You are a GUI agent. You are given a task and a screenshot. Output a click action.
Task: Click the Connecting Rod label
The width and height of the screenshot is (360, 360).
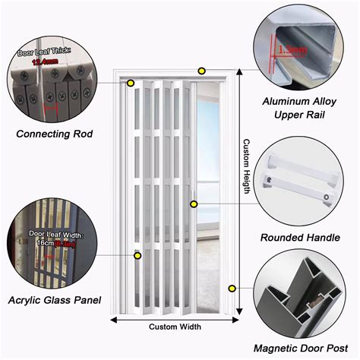click(54, 134)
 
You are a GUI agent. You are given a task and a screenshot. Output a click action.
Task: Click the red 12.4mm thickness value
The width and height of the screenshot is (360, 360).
click(43, 62)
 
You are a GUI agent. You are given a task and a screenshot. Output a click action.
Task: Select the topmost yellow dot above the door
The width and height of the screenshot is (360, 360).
click(201, 71)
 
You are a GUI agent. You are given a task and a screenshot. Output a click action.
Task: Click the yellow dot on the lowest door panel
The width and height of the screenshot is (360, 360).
click(137, 256)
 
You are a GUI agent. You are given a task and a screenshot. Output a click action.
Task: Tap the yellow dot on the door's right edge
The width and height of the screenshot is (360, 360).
click(194, 204)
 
